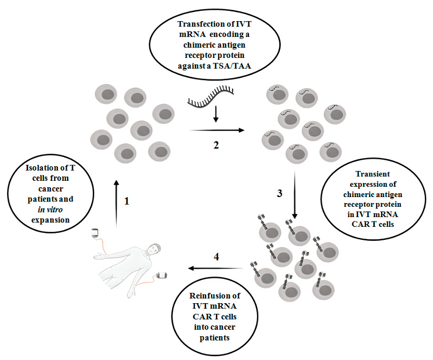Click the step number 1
click(128, 201)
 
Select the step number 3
click(279, 193)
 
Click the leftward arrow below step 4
click(213, 268)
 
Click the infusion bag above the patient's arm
click(95, 234)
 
